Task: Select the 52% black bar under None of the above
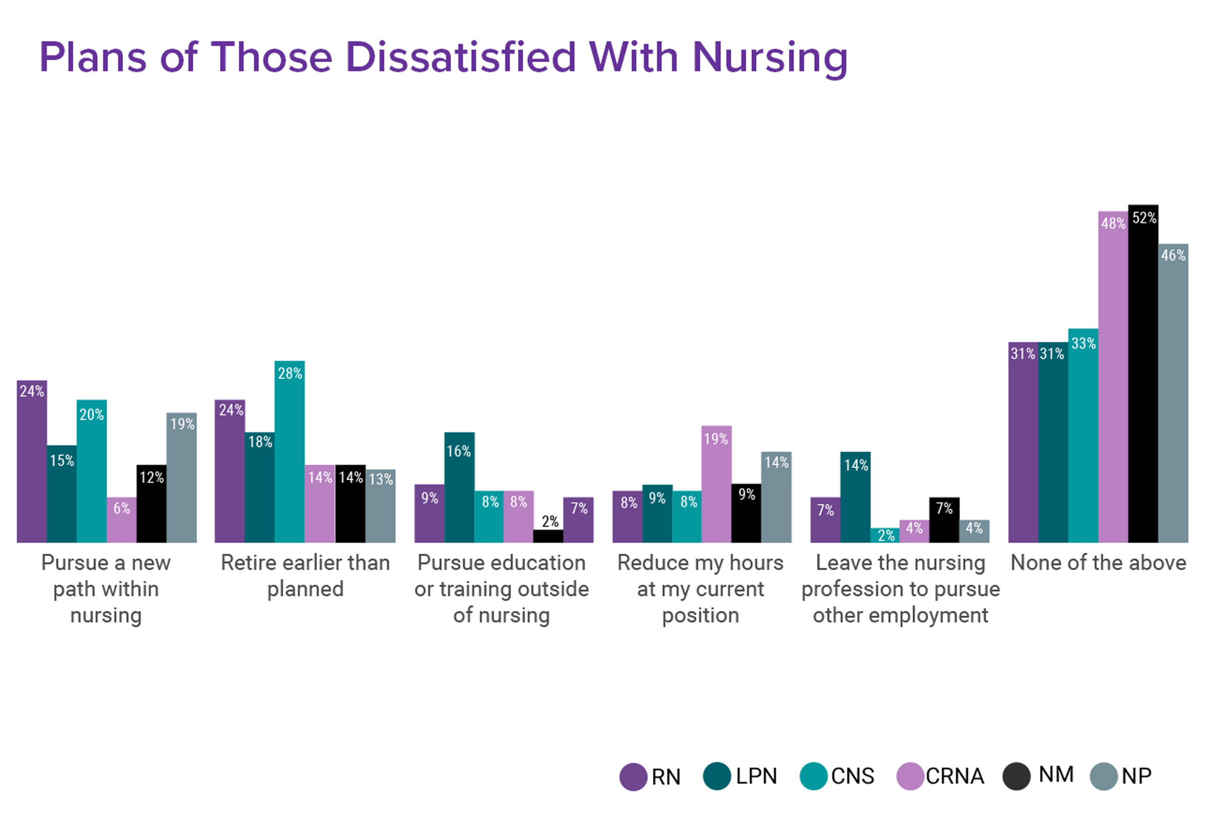[x=1143, y=374]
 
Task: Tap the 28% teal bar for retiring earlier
[x=290, y=453]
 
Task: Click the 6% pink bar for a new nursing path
[x=122, y=520]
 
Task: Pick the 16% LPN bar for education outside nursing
[x=459, y=489]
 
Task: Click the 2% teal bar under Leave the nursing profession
[x=885, y=535]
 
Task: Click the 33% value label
[x=1083, y=344]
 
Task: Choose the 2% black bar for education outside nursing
[x=548, y=536]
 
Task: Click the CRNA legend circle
[x=910, y=776]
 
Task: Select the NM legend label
[x=1056, y=775]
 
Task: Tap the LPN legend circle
[x=717, y=776]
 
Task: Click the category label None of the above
[x=1098, y=563]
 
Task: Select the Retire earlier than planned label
[x=306, y=576]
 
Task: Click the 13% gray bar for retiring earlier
[x=381, y=507]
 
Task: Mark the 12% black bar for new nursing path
[x=151, y=505]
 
